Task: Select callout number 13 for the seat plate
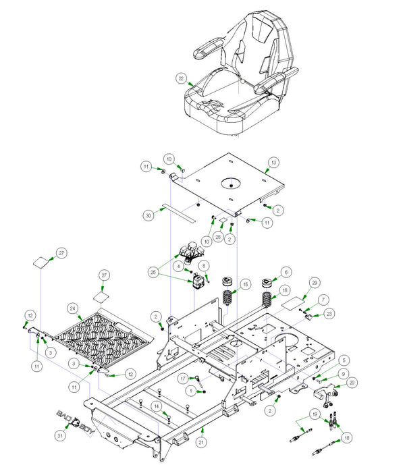tap(273, 163)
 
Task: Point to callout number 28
tap(218, 237)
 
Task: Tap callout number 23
tap(329, 313)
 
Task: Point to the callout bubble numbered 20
tap(352, 383)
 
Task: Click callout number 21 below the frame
tap(200, 442)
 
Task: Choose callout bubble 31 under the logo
tap(59, 437)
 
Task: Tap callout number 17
tap(182, 379)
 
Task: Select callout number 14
tap(156, 406)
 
